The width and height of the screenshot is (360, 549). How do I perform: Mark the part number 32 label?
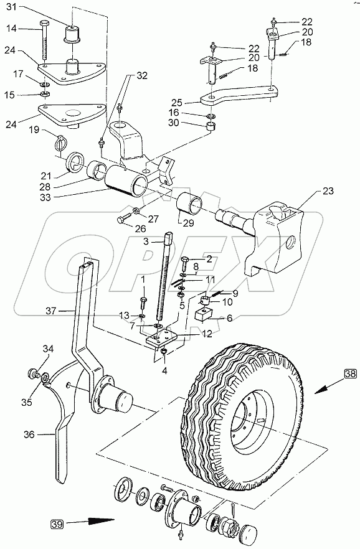(x=142, y=76)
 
